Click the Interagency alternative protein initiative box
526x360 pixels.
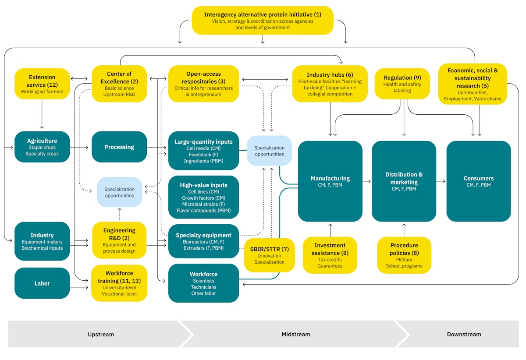coord(263,21)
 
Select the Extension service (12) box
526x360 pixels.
coord(42,84)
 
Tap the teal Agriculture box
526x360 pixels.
coord(42,147)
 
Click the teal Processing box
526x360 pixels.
coord(119,147)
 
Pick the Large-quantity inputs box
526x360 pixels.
coord(203,151)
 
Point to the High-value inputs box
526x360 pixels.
coord(203,197)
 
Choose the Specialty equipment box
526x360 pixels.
coord(203,241)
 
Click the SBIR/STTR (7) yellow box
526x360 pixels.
coord(269,255)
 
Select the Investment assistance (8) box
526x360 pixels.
coord(330,255)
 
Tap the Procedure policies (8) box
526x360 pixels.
coord(404,255)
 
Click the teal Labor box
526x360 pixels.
coord(42,283)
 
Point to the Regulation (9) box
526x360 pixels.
coord(402,84)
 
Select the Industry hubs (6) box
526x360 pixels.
coord(330,84)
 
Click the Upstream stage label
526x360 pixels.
coord(101,334)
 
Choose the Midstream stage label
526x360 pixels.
coord(295,334)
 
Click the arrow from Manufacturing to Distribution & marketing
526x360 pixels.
coord(367,181)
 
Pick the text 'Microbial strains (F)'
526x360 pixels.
coord(203,204)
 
